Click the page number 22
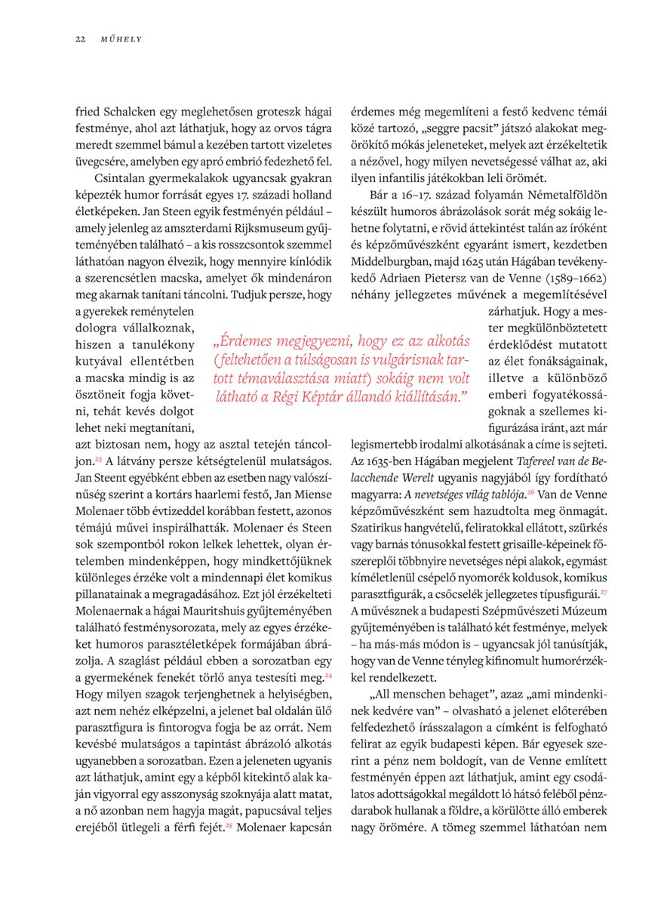click(79, 39)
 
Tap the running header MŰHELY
click(121, 39)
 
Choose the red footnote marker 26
click(530, 492)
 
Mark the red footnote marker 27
click(604, 591)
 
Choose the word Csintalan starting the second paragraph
click(121, 178)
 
